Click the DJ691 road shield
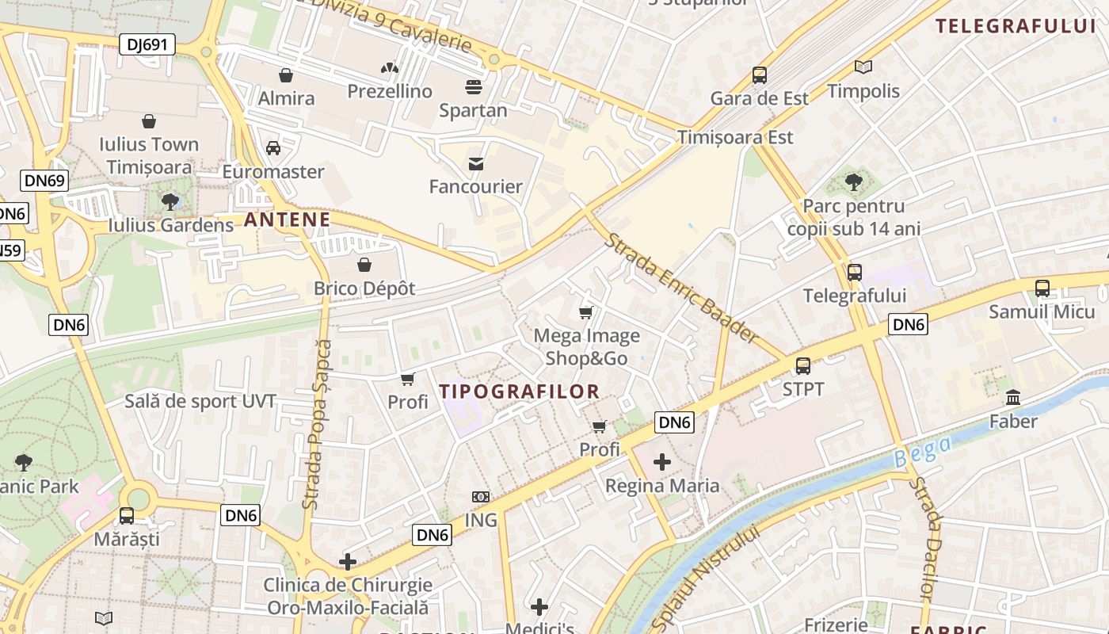point(147,44)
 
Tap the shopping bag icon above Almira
point(285,75)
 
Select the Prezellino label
point(390,91)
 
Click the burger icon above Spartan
point(474,86)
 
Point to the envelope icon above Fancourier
point(476,164)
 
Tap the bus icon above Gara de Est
point(760,75)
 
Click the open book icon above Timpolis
point(863,68)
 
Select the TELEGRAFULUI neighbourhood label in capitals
point(1016,25)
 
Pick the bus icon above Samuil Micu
point(1042,288)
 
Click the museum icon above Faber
point(1013,397)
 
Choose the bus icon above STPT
point(803,366)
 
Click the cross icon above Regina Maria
point(662,462)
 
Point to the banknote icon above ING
point(481,497)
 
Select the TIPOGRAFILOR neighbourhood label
point(520,391)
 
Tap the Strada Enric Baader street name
point(682,288)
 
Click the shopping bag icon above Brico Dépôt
point(364,265)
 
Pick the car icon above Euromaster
point(273,148)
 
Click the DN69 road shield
point(44,181)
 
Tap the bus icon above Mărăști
point(127,516)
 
